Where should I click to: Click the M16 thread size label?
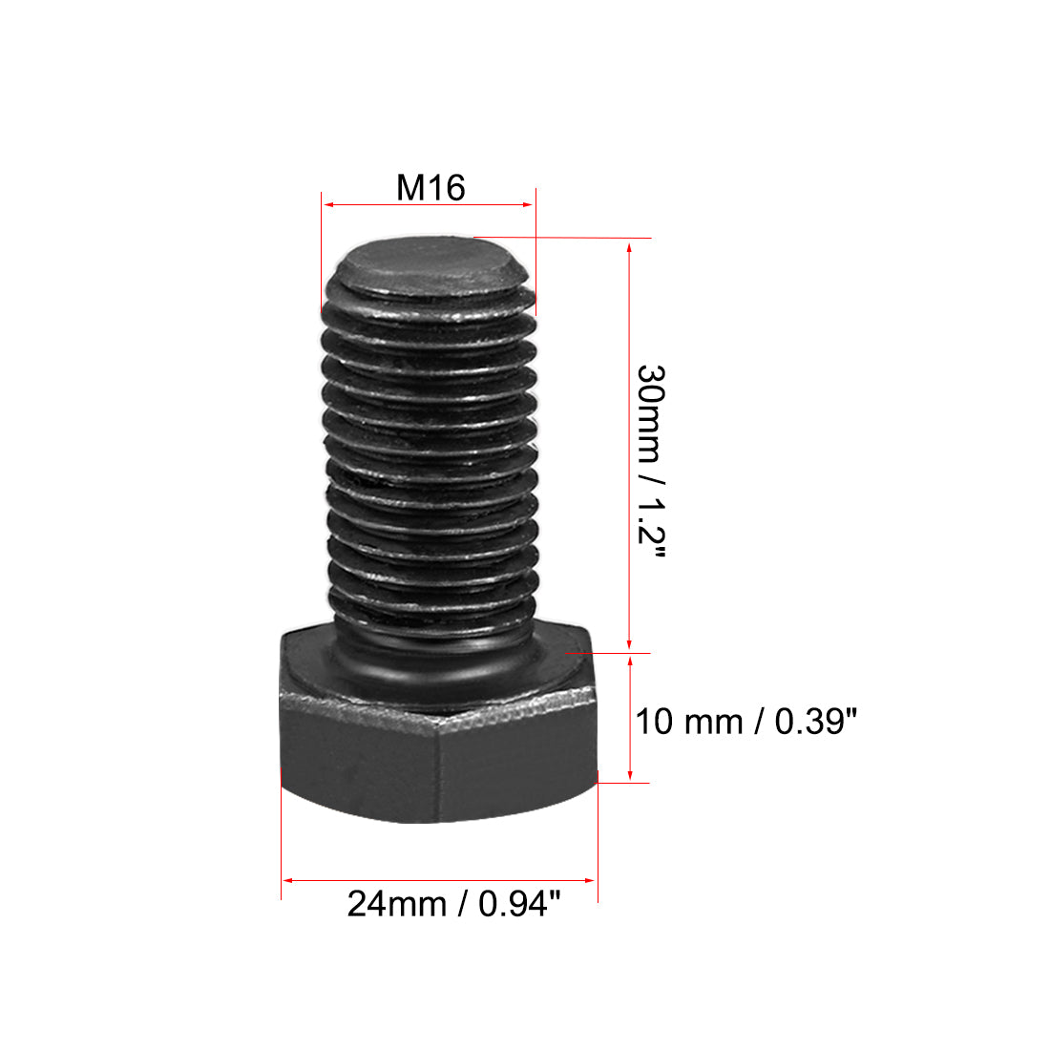430,187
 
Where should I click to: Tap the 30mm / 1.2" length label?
651,461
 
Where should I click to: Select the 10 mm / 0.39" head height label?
746,722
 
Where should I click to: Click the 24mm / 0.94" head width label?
453,903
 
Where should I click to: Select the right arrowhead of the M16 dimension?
529,205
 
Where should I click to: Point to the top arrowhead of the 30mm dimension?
629,248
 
